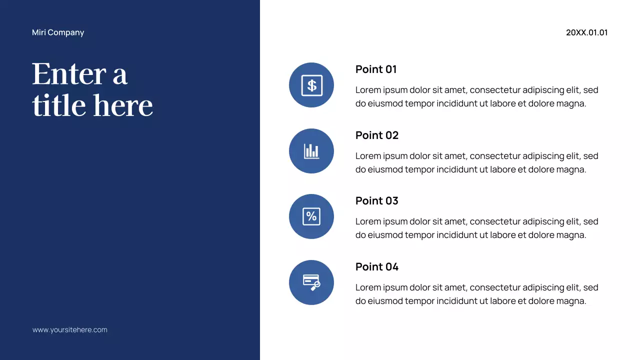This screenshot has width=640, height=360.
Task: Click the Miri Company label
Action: (x=58, y=32)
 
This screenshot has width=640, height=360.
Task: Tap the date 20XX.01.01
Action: (x=586, y=32)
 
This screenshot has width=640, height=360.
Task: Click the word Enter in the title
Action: (x=68, y=74)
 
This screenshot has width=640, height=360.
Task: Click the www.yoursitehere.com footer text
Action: (x=70, y=330)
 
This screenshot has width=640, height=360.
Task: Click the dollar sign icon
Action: (x=311, y=85)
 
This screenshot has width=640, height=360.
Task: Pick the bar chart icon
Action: (x=311, y=151)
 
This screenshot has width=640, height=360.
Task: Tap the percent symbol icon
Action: (x=311, y=216)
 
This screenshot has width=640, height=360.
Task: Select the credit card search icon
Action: (x=311, y=282)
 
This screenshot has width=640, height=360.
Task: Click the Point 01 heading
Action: (x=376, y=69)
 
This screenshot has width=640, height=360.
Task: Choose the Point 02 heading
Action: (x=377, y=135)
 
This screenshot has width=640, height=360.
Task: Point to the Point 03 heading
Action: (x=377, y=201)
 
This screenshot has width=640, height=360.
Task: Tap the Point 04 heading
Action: (x=377, y=267)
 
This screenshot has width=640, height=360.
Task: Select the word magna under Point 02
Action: (x=571, y=169)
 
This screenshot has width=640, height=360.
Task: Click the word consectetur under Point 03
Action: (x=495, y=221)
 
